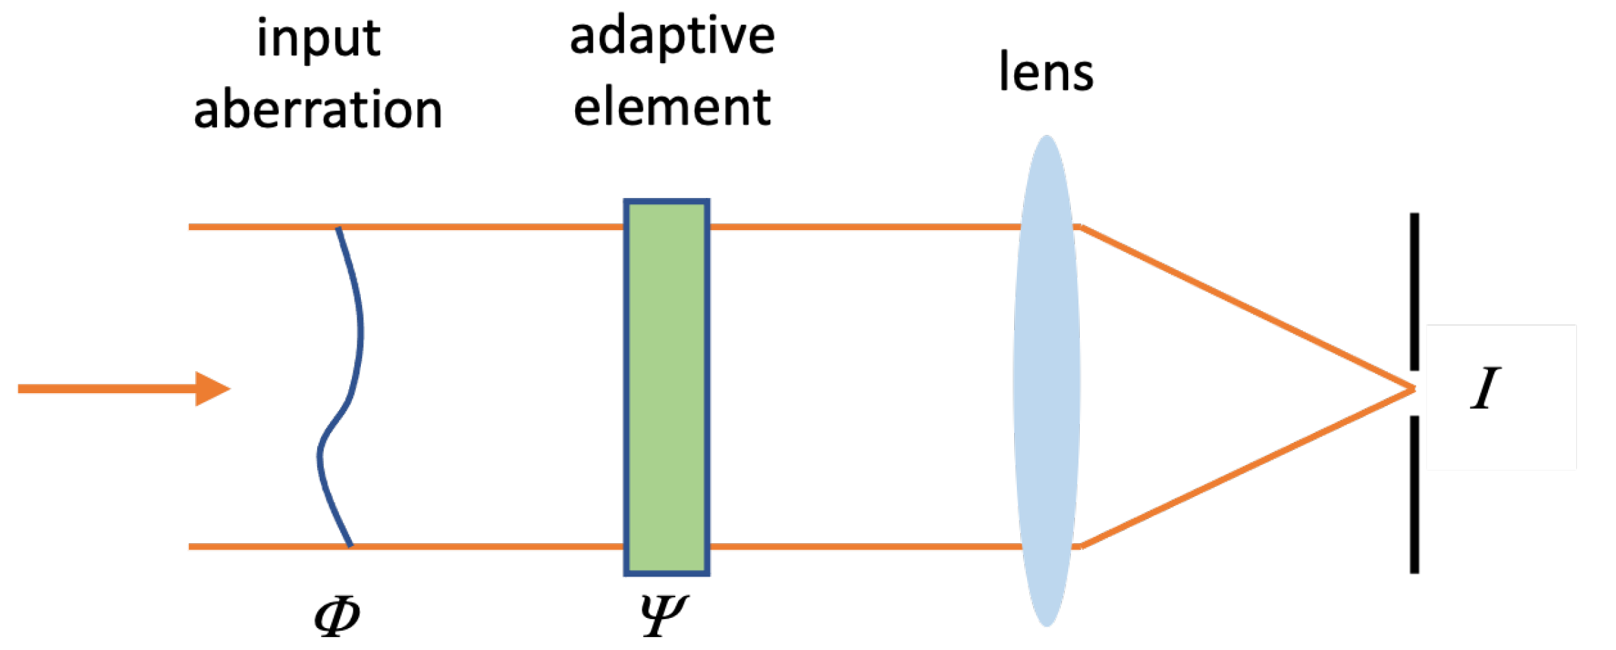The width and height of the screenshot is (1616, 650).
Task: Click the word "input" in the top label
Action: click(318, 40)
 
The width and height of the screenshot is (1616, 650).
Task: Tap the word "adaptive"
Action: click(672, 38)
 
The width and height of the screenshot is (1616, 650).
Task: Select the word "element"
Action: click(672, 108)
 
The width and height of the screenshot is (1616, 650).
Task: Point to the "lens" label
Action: click(1046, 72)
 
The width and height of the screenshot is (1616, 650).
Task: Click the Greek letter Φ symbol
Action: click(337, 616)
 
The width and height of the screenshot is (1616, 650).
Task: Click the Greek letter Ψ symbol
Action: click(663, 614)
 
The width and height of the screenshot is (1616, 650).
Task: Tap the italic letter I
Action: click(1485, 388)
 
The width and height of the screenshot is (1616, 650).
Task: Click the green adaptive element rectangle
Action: click(666, 388)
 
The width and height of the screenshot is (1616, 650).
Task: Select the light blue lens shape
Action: click(1046, 381)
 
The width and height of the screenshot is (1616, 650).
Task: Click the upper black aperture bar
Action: click(1414, 291)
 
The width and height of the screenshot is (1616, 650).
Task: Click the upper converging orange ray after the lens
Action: click(1246, 308)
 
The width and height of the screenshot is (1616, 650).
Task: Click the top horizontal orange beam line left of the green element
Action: click(479, 227)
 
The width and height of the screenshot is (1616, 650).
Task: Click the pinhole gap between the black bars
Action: click(1414, 392)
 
